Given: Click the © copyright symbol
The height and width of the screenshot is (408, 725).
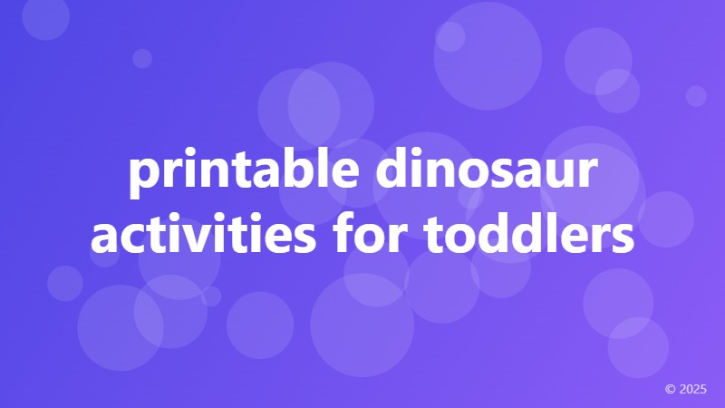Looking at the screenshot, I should point(671,389).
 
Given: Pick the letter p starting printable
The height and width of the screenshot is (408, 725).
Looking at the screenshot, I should point(141,181).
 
